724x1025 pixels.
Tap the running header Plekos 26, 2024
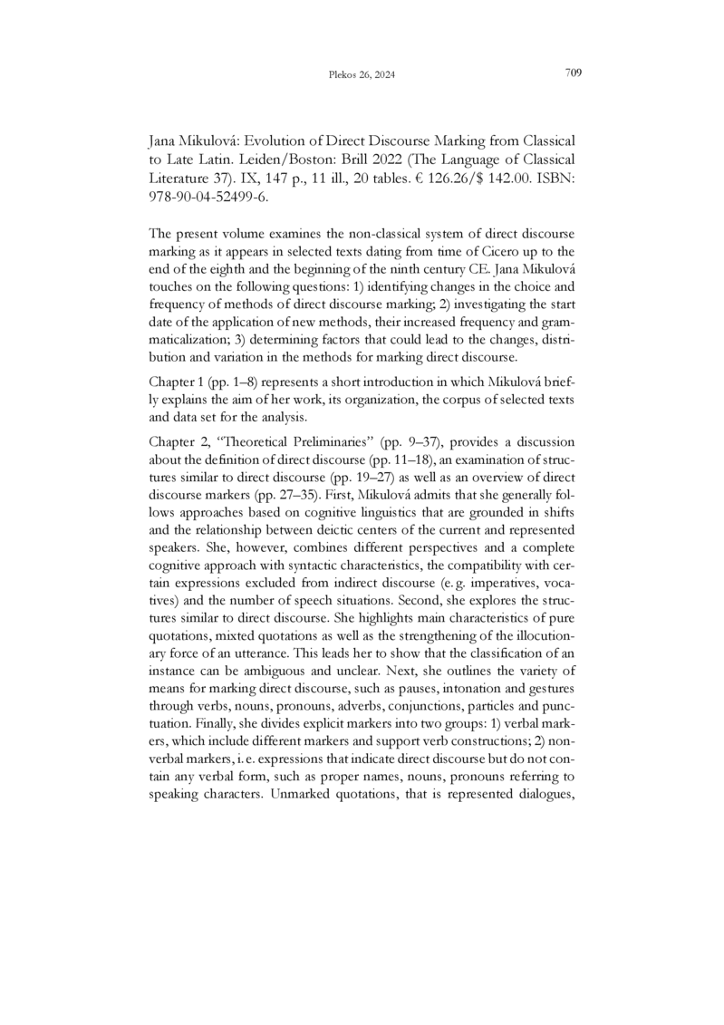pyautogui.click(x=362, y=76)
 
